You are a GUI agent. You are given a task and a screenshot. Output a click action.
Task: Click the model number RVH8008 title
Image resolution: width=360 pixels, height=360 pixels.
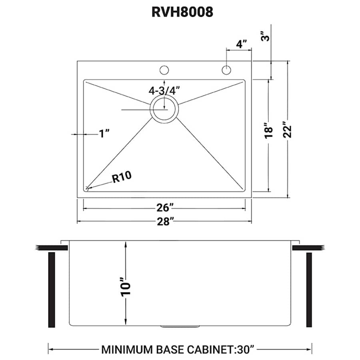[182, 12]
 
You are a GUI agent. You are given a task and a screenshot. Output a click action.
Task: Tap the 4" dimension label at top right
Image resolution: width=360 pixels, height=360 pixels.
[241, 44]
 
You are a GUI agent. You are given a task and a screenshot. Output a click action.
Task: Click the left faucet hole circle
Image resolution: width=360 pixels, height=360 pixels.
[164, 70]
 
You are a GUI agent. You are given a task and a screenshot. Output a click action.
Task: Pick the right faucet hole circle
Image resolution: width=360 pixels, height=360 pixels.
[226, 70]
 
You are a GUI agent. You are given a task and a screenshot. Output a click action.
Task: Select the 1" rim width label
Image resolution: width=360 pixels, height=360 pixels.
[104, 134]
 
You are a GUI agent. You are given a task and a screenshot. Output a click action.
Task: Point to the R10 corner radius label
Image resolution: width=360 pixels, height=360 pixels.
[122, 177]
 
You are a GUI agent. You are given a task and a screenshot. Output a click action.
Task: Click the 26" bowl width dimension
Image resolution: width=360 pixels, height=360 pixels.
[164, 208]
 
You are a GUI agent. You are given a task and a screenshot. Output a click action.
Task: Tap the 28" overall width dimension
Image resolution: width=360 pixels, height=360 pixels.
[164, 221]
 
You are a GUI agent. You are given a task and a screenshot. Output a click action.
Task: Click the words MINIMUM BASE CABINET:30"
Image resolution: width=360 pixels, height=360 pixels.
[178, 350]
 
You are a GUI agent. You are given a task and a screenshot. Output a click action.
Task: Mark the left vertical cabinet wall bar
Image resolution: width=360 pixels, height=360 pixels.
[51, 290]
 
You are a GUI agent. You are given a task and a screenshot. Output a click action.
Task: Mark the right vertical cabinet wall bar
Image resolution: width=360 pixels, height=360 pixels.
[309, 290]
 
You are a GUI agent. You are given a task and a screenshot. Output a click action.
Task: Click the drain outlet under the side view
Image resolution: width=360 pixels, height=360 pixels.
[180, 326]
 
